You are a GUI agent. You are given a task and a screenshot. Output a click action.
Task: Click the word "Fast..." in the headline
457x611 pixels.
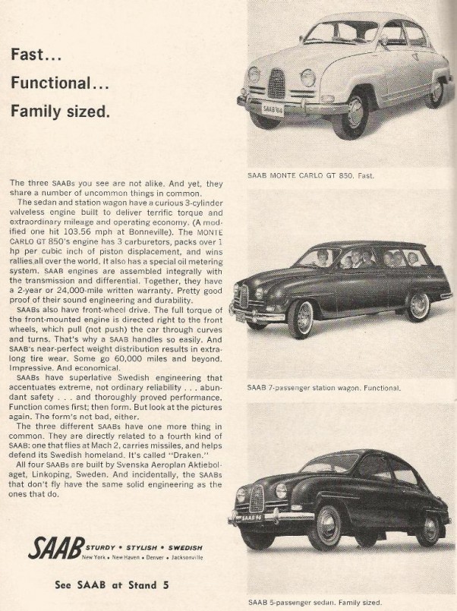36,55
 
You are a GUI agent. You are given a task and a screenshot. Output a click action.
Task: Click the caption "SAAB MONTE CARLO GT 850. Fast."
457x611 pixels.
311,175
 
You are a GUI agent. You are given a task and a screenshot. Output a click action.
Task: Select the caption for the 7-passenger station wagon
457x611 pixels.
324,388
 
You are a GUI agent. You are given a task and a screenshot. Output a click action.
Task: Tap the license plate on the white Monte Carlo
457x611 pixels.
273,109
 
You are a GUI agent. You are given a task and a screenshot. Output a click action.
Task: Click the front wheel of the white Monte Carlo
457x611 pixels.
355,112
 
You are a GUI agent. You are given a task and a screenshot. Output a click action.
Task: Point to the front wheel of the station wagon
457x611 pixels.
301,319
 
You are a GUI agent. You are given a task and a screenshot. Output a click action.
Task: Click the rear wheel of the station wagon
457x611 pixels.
417,306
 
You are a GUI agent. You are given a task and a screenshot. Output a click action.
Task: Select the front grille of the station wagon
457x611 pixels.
244,296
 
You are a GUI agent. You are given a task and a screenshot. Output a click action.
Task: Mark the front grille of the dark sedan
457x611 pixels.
257,496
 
